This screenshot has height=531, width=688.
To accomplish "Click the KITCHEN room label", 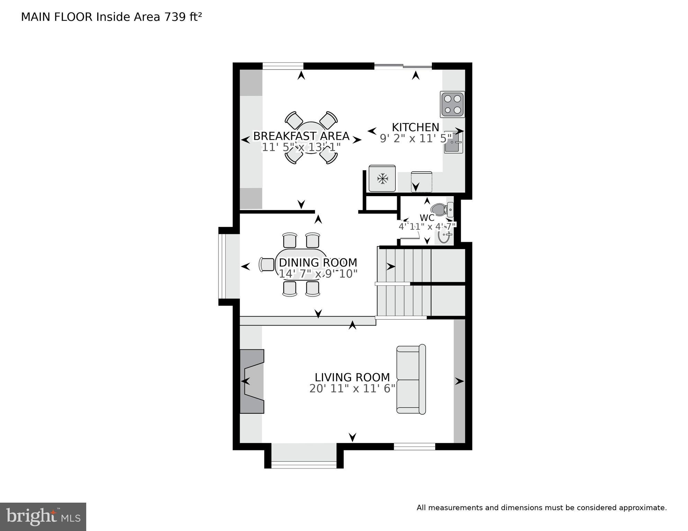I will point(415,127).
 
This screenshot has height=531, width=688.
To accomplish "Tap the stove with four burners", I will point(453,104).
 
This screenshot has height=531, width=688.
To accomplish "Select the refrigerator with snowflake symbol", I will point(382,178).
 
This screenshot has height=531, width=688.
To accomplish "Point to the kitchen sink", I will point(453,142).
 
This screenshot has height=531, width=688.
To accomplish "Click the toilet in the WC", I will point(440,210).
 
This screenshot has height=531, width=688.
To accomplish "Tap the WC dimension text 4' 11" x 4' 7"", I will point(427,227).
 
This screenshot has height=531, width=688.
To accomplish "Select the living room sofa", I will point(411,379).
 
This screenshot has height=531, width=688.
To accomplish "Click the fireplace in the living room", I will point(252,381).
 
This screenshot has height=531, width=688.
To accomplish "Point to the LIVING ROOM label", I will point(352,377).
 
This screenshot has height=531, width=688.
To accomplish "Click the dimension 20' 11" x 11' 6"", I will point(352,389).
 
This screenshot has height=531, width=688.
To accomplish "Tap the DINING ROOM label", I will point(318,263).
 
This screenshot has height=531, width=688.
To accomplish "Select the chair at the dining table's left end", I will point(267,265).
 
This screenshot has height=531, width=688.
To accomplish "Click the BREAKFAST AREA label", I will point(301,136).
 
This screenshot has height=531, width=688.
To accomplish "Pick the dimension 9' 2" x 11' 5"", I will point(416,139).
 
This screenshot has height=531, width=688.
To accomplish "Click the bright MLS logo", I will point(43,517).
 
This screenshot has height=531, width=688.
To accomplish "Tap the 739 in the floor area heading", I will point(175,17).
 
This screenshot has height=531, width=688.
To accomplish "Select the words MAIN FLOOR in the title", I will point(57,17).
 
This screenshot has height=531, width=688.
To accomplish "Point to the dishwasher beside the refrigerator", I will point(421,182).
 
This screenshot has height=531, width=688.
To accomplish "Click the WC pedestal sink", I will point(444,236).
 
